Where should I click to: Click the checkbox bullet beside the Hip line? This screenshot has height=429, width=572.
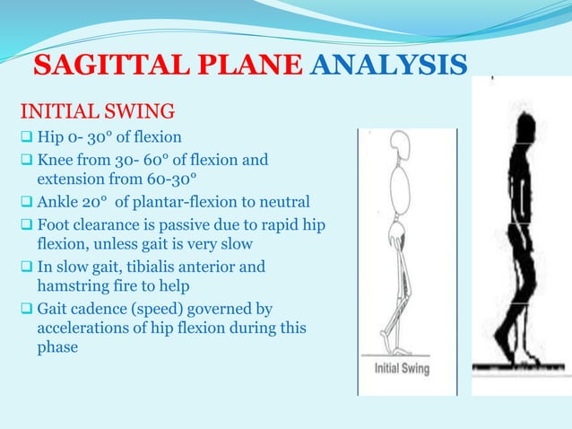point(25,138)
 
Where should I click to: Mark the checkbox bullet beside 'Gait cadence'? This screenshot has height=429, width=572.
point(25,310)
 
